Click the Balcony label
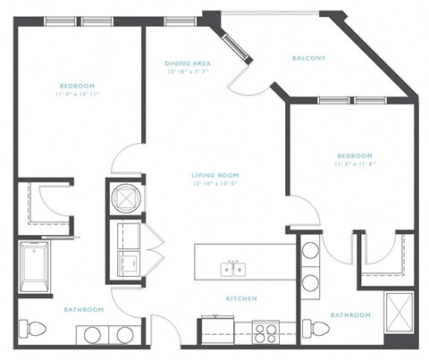click(308, 58)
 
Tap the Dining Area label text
click(188, 63)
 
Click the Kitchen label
click(241, 298)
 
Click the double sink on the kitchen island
click(235, 267)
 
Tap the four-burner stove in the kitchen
click(265, 332)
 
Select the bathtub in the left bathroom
click(35, 267)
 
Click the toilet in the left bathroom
click(31, 331)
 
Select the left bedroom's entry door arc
click(125, 159)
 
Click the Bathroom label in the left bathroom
click(83, 309)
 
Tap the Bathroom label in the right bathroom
click(349, 314)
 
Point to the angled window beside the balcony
click(237, 45)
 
